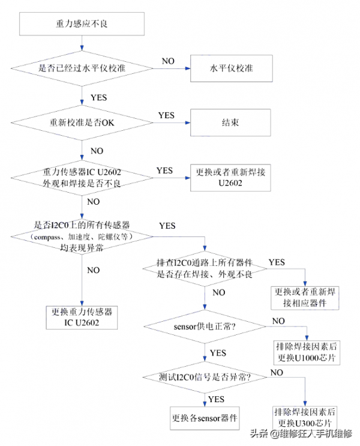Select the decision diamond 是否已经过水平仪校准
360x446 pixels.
coord(80,68)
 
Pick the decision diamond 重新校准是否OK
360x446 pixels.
coord(80,122)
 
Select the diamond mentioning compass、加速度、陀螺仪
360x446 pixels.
coord(80,236)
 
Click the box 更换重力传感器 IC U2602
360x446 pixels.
coord(80,318)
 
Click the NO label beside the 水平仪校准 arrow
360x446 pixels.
coord(168,61)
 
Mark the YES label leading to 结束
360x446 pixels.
coord(166,115)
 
